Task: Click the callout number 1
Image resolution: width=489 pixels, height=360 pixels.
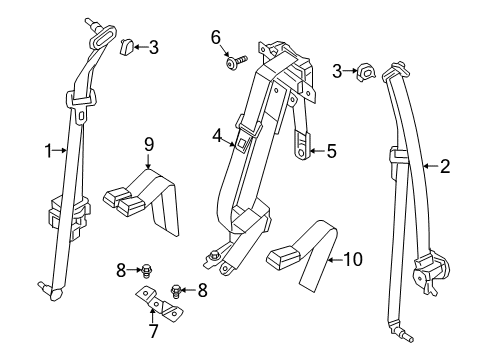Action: pyautogui.click(x=45, y=151)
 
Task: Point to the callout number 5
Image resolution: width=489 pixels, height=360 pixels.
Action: pyautogui.click(x=330, y=152)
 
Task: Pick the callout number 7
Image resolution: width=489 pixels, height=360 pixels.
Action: pyautogui.click(x=153, y=331)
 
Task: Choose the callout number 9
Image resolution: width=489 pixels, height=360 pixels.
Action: pyautogui.click(x=148, y=144)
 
